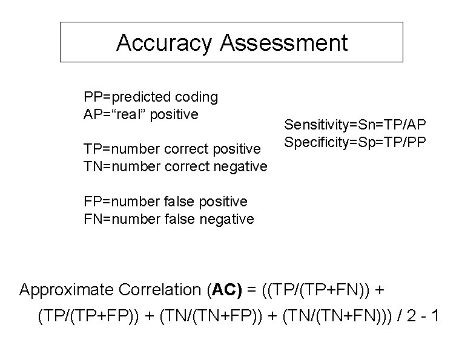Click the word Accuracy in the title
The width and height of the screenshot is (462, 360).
(x=164, y=43)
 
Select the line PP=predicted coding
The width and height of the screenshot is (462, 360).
(x=151, y=97)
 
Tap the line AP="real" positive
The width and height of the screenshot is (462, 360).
(x=141, y=114)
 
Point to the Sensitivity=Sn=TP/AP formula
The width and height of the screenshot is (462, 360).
(x=355, y=125)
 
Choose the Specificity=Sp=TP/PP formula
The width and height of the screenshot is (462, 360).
(x=355, y=143)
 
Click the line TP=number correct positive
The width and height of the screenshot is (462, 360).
(x=172, y=148)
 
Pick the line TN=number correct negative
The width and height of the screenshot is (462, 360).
(x=175, y=166)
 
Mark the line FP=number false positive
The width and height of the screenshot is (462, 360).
(x=165, y=201)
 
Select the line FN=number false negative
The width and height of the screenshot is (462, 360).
(x=168, y=218)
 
